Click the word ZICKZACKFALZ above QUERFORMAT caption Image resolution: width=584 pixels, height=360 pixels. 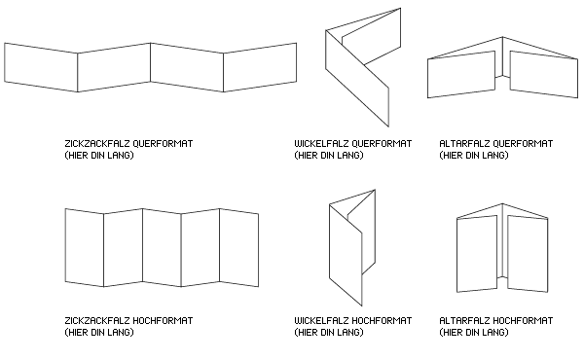click(x=97, y=144)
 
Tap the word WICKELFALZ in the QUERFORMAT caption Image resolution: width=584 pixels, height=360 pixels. click(x=321, y=144)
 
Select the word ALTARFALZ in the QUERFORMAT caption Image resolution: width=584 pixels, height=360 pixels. click(x=464, y=144)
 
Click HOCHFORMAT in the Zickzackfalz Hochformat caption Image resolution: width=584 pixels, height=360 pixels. click(x=163, y=321)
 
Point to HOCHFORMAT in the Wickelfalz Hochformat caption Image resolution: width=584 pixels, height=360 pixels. click(x=382, y=321)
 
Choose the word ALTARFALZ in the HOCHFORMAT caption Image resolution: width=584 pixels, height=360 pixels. click(x=464, y=321)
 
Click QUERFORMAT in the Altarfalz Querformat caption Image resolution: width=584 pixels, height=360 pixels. click(x=522, y=144)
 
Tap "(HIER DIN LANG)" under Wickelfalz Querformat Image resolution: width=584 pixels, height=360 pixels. click(x=329, y=156)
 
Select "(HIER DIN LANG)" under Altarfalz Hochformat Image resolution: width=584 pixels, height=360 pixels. click(x=474, y=333)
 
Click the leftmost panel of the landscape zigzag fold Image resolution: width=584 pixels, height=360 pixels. click(x=41, y=67)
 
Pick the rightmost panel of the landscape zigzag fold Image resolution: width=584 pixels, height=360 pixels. click(x=260, y=67)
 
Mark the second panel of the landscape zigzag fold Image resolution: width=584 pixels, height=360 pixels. click(x=114, y=67)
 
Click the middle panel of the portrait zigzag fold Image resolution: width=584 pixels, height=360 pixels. click(x=162, y=247)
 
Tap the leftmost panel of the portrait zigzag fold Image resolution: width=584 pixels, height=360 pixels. click(x=85, y=247)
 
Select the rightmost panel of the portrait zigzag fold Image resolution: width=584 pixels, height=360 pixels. click(x=239, y=247)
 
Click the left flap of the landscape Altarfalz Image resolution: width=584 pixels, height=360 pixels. click(x=461, y=75)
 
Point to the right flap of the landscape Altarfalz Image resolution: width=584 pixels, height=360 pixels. click(x=544, y=75)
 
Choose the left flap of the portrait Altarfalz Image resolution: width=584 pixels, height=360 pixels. click(x=477, y=254)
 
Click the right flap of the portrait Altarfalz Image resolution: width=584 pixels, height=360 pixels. click(x=528, y=254)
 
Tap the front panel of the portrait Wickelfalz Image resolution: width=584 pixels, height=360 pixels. click(x=346, y=255)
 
